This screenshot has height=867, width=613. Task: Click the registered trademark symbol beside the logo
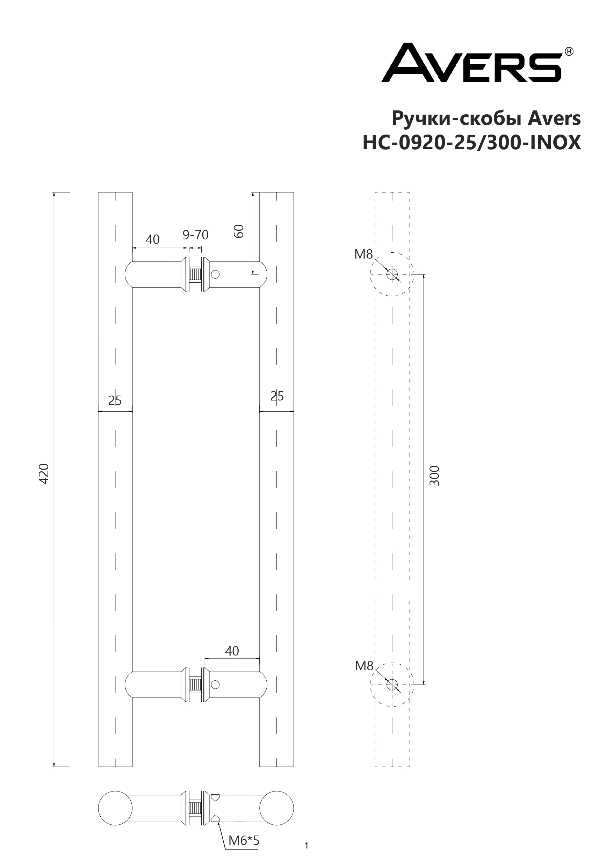(569, 51)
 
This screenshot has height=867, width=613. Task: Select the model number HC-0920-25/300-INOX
(472, 143)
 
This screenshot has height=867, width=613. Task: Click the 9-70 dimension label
(196, 235)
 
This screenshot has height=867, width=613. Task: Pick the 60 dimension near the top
(239, 231)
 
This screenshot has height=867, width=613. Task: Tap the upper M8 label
(363, 254)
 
